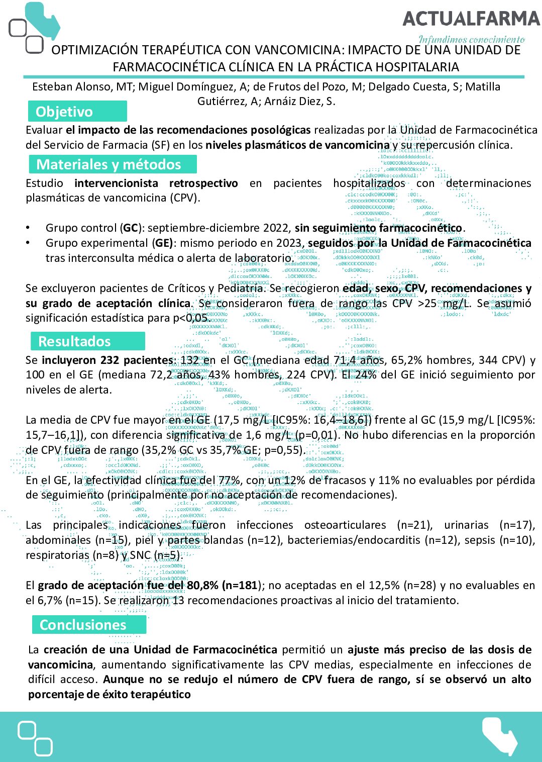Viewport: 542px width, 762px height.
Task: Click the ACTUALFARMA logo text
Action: click(x=471, y=19)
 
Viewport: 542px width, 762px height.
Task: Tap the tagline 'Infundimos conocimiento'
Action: click(x=471, y=39)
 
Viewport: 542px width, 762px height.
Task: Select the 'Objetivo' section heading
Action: click(x=64, y=112)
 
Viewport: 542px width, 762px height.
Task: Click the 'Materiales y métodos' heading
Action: click(x=109, y=164)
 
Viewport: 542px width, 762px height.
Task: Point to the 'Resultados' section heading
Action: click(x=74, y=341)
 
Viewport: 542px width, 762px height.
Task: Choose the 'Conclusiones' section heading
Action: click(x=83, y=625)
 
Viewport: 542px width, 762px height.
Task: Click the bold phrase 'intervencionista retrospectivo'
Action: click(x=156, y=183)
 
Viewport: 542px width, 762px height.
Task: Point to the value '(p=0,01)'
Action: click(x=317, y=435)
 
